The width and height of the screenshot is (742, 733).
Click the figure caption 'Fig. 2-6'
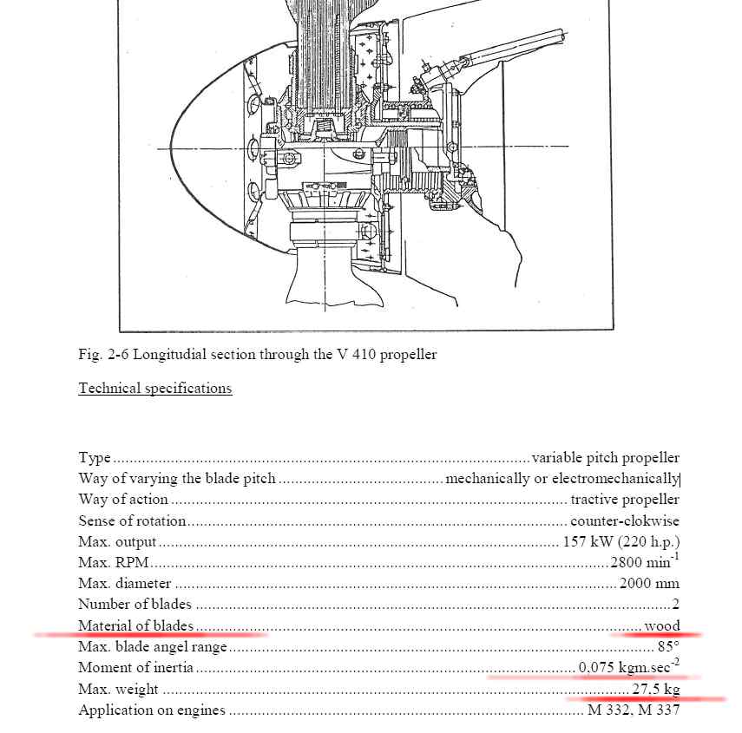tap(103, 355)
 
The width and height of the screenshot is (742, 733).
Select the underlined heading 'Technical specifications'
tap(155, 389)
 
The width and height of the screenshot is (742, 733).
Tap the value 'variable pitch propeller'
tap(605, 458)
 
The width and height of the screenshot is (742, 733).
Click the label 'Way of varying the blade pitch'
tap(177, 479)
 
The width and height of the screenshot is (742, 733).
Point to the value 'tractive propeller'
tap(625, 500)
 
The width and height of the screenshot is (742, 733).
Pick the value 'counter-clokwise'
tap(625, 521)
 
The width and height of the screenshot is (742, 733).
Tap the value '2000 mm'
tap(649, 584)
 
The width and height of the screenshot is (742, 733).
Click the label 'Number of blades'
tap(135, 605)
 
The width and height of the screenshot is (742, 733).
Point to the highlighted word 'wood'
tap(662, 625)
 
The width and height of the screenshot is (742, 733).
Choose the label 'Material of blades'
tap(135, 625)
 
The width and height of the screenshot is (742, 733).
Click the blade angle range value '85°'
tap(668, 646)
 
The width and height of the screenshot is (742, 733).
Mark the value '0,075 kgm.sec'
tap(627, 667)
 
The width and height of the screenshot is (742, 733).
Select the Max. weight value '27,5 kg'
tap(655, 690)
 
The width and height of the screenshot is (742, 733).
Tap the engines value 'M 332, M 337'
tap(634, 710)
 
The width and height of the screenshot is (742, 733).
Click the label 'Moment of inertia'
tap(135, 668)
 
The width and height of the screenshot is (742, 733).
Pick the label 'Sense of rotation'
tap(132, 521)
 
